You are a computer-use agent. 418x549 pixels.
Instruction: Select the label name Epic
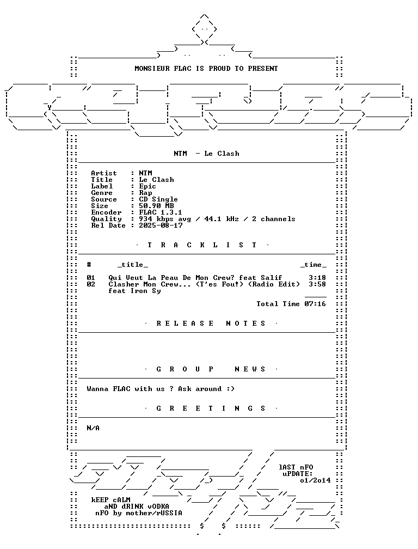click(147, 186)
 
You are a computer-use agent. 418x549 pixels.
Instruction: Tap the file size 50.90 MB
click(156, 206)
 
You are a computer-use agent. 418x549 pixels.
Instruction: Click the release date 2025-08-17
click(161, 225)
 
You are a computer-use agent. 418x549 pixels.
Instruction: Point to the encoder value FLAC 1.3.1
click(161, 212)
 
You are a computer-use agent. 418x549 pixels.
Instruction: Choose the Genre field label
click(102, 193)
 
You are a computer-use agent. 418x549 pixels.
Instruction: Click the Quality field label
click(106, 219)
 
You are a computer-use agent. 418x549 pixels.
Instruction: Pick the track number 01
click(91, 278)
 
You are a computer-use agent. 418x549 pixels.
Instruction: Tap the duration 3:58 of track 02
click(317, 284)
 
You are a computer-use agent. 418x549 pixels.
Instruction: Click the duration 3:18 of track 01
click(317, 278)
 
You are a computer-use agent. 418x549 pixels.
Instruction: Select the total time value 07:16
click(315, 304)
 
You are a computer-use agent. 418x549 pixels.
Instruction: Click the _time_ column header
click(313, 265)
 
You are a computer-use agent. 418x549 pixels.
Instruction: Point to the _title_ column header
click(133, 265)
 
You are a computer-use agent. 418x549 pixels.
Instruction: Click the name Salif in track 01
click(272, 278)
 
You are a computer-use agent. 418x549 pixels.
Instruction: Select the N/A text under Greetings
click(93, 428)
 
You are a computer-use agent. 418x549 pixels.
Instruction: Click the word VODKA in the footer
click(158, 507)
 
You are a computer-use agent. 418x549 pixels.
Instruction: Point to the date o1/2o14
click(315, 480)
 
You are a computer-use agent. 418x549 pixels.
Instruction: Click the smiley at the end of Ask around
click(230, 389)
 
